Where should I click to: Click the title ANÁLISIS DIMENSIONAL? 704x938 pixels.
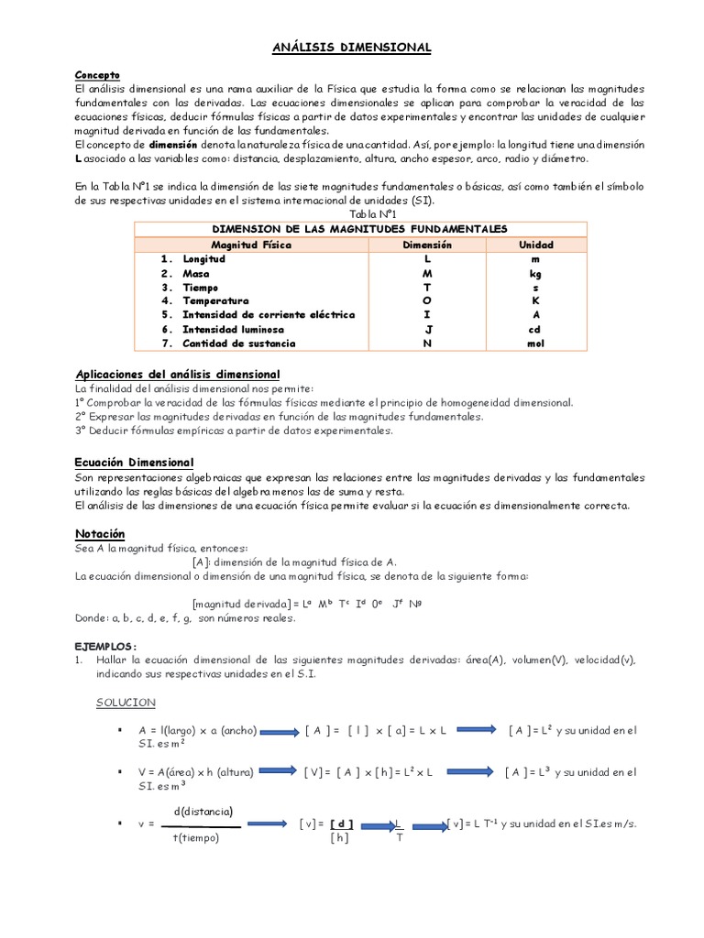pos(351,47)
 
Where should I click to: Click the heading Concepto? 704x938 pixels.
pos(96,74)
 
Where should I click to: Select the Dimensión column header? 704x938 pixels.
pos(427,245)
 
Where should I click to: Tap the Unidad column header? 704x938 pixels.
pos(536,245)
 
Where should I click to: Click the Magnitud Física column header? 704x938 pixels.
pos(251,245)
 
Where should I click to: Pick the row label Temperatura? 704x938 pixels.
pos(215,300)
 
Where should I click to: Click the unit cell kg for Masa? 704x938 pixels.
pos(535,273)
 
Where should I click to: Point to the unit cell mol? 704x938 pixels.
pos(535,344)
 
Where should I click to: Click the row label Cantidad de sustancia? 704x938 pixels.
pos(238,344)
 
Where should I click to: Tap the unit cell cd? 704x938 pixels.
pos(535,329)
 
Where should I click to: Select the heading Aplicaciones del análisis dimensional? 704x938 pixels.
pos(176,375)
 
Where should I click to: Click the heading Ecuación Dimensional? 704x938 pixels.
pos(133,463)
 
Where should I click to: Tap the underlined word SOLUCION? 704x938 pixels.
pos(126,703)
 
